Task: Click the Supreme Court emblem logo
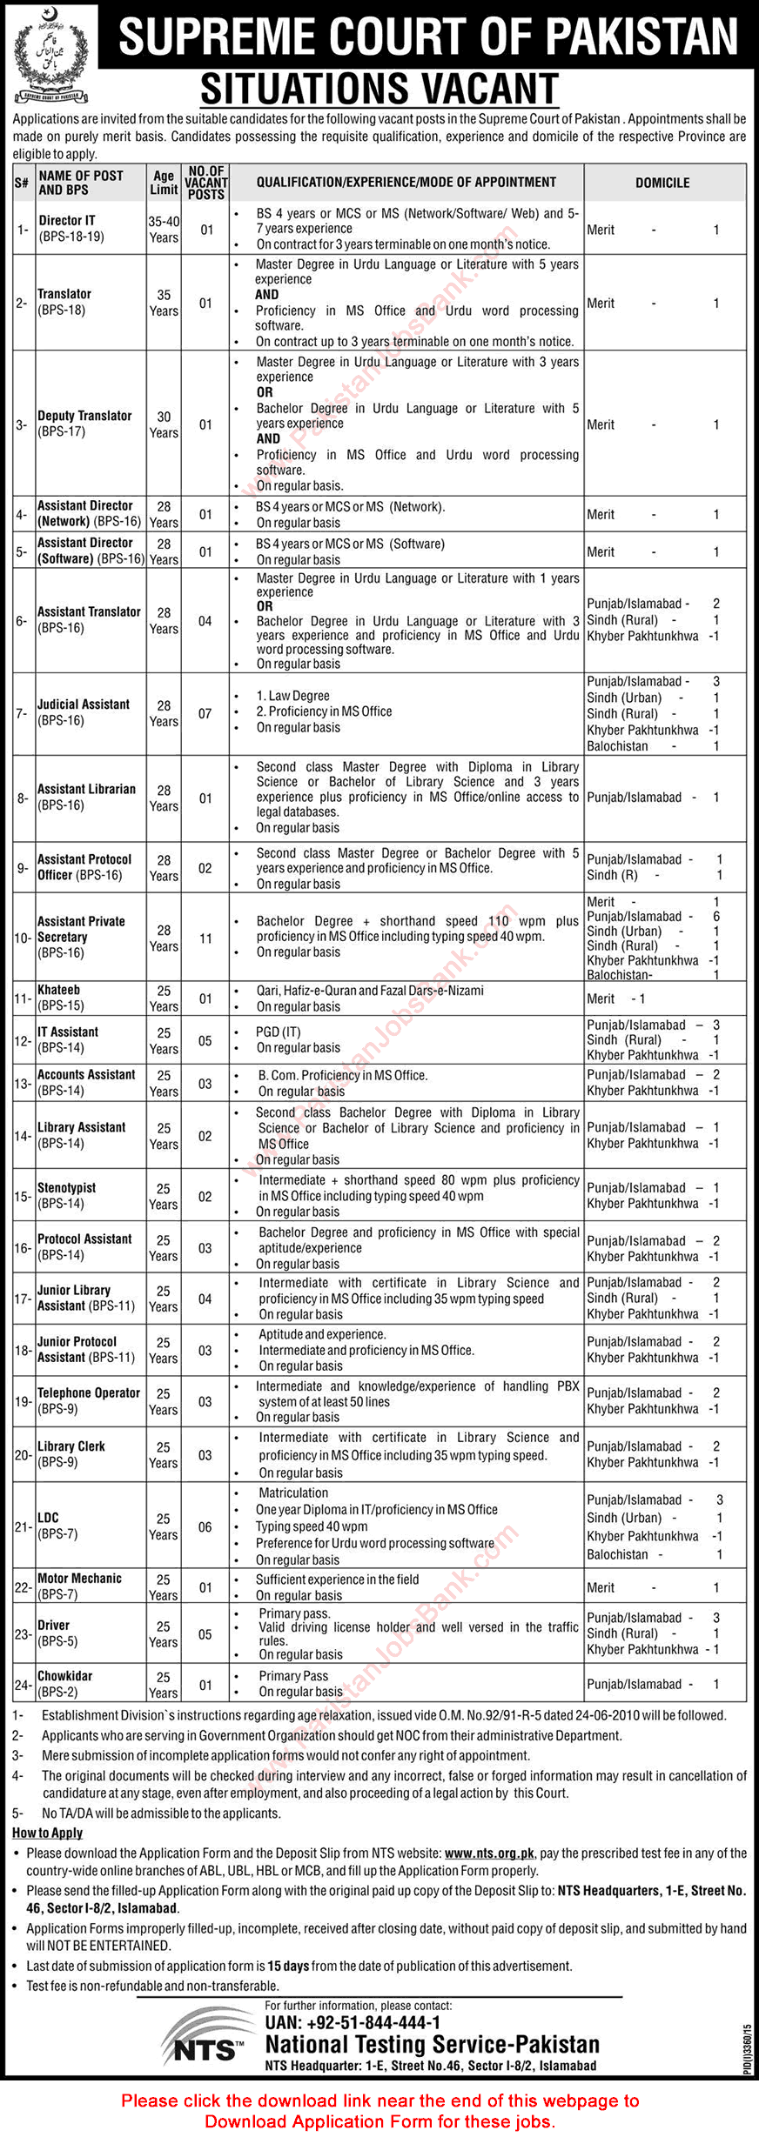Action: (x=51, y=55)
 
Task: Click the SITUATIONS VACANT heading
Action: (x=379, y=90)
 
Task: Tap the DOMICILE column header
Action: (x=662, y=183)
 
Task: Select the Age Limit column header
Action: (x=164, y=183)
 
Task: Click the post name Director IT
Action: (x=67, y=221)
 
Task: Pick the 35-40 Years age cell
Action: (x=164, y=230)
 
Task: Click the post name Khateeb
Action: (x=59, y=990)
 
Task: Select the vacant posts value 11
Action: (x=205, y=938)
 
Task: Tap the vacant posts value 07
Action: (x=205, y=713)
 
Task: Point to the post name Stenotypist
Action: (x=67, y=1187)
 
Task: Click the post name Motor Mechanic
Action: (x=79, y=1578)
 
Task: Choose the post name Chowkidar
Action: (x=64, y=1675)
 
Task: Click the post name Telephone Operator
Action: (x=89, y=1392)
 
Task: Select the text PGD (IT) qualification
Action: (x=279, y=1032)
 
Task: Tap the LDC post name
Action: (x=49, y=1517)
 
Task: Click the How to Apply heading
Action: (x=48, y=1833)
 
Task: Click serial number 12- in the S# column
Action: (x=23, y=1040)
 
